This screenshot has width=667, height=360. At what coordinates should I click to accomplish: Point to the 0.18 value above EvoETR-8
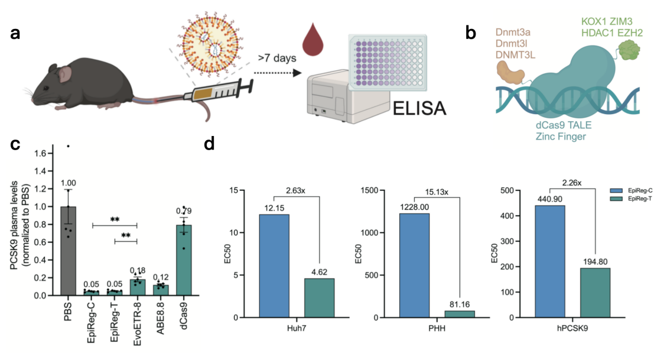pos(138,270)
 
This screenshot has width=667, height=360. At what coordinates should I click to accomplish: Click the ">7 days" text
pos(276,59)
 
